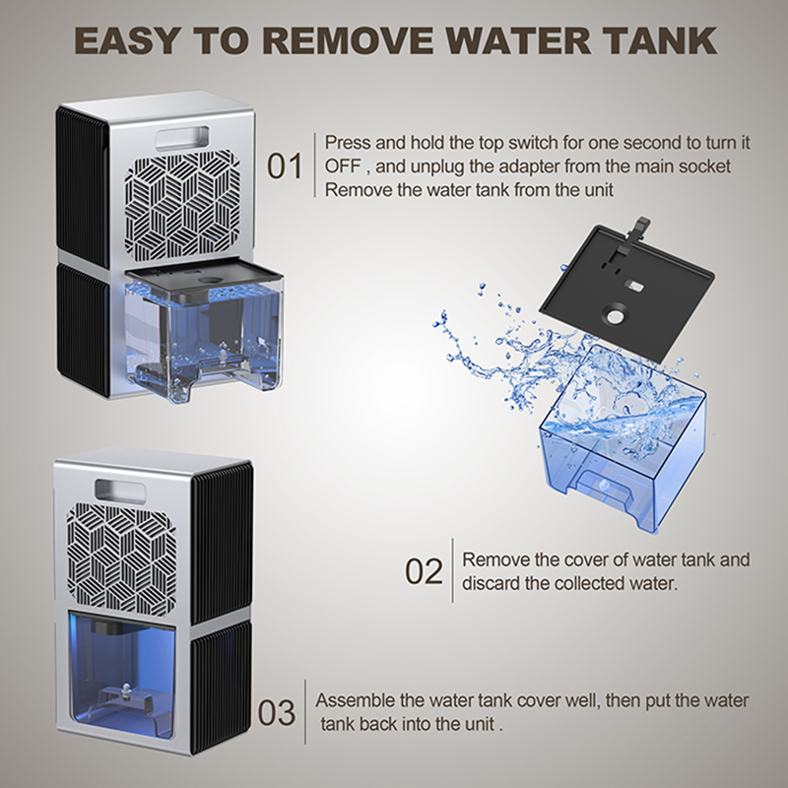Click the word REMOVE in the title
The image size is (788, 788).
click(348, 40)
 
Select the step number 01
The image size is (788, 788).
click(285, 165)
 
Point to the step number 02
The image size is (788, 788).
click(424, 571)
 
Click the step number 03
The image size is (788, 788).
click(277, 712)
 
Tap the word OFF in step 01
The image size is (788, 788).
click(343, 166)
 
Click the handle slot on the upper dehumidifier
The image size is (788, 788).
click(181, 138)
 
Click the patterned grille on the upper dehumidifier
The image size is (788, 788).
click(182, 206)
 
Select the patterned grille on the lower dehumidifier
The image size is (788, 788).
click(122, 558)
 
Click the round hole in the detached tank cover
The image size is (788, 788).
click(615, 316)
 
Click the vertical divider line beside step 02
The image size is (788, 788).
click(452, 570)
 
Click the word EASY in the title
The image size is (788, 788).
click(127, 40)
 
